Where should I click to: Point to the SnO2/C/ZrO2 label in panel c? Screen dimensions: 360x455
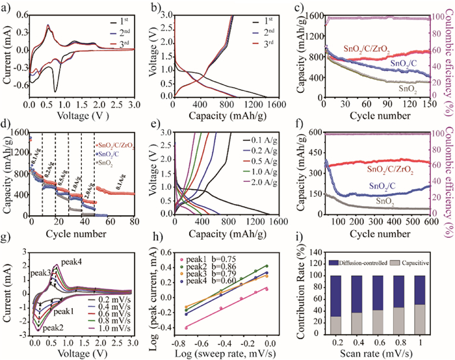391,46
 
